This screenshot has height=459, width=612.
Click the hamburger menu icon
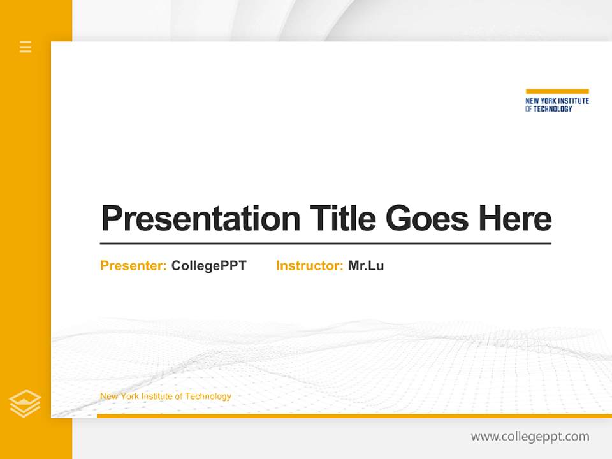pyautogui.click(x=25, y=47)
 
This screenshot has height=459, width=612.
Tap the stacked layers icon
pyautogui.click(x=25, y=404)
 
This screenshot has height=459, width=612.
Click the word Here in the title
pyautogui.click(x=515, y=219)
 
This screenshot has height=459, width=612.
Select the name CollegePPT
pyautogui.click(x=208, y=266)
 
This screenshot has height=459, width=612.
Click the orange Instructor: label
pyautogui.click(x=310, y=266)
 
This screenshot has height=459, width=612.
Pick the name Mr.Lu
pyautogui.click(x=366, y=266)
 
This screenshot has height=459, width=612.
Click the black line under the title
pyautogui.click(x=325, y=243)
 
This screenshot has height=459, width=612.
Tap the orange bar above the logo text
pyautogui.click(x=557, y=91)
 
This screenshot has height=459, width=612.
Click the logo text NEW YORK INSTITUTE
pyautogui.click(x=557, y=101)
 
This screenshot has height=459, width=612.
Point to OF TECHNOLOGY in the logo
pyautogui.click(x=549, y=109)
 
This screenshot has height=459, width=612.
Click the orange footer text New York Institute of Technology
pyautogui.click(x=166, y=397)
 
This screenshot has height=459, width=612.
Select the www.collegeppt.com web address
pyautogui.click(x=530, y=437)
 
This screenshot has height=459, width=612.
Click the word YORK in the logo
pyautogui.click(x=550, y=101)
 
